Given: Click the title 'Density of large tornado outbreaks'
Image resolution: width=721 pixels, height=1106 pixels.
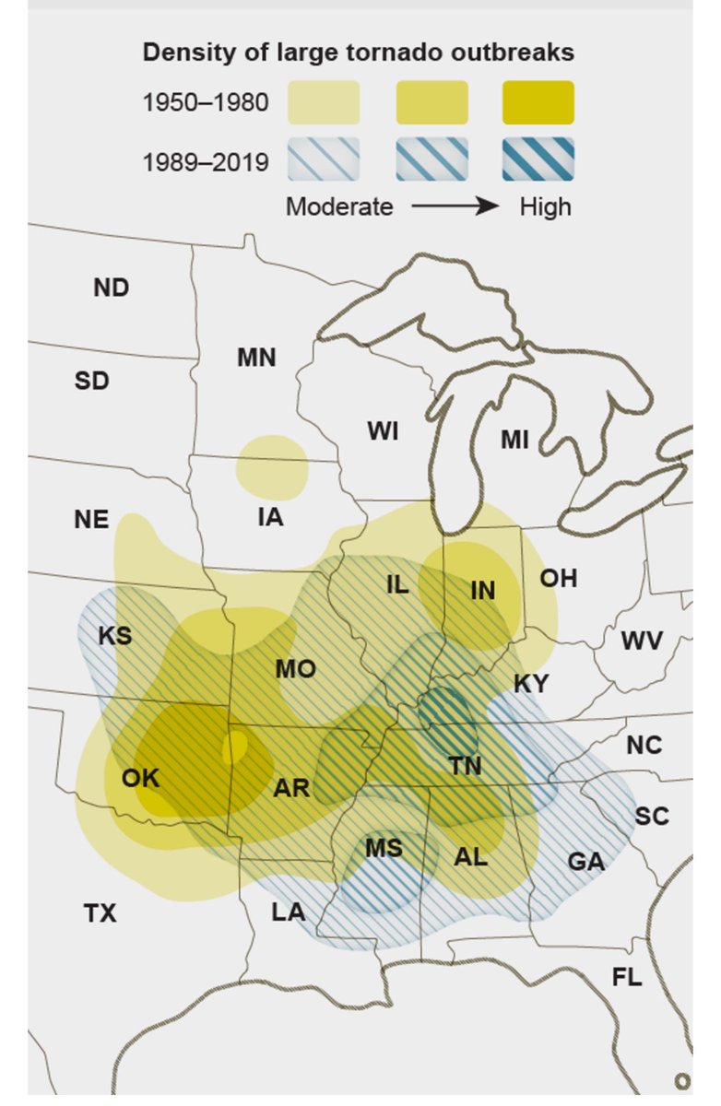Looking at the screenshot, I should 358,53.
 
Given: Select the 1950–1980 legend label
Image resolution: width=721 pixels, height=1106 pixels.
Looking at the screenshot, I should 206,102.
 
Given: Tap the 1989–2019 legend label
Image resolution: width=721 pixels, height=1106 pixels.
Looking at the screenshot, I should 206,162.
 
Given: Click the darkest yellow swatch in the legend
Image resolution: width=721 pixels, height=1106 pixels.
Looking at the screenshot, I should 538,102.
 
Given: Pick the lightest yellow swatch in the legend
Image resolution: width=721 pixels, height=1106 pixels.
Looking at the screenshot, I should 323,102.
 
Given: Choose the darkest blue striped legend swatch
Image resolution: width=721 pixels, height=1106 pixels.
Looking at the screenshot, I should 538,160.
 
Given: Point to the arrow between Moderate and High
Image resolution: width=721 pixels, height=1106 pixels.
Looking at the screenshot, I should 455,206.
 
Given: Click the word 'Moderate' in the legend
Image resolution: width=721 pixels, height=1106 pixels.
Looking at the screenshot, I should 339,206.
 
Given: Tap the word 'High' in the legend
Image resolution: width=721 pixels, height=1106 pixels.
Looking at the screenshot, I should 545,206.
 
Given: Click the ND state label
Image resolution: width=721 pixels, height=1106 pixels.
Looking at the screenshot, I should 112,288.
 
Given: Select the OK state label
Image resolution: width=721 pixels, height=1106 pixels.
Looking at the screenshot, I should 141,778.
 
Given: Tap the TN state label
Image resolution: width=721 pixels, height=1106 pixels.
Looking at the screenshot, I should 466,765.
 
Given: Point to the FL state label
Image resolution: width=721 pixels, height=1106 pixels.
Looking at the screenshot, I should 627,977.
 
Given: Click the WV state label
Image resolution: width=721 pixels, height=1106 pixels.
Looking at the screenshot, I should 641,640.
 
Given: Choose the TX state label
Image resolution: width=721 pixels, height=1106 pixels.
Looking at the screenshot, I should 100,913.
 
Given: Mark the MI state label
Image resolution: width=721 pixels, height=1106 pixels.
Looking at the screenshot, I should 514,441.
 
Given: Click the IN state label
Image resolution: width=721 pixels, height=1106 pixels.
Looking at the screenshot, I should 482,591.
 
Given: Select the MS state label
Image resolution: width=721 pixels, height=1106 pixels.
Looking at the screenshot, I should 384,847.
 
